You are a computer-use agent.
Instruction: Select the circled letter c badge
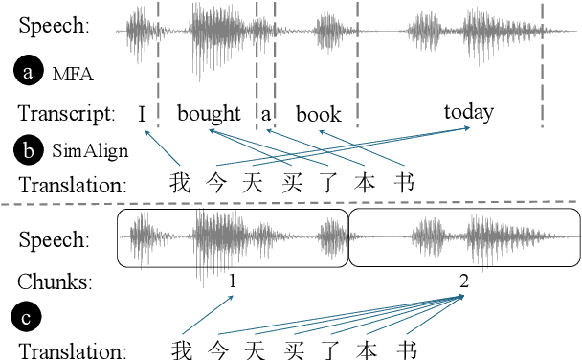click(26, 315)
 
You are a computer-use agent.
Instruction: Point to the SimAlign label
click(76, 148)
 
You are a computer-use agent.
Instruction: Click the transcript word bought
click(209, 114)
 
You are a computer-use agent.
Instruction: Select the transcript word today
click(469, 112)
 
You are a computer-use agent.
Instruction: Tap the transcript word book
click(318, 115)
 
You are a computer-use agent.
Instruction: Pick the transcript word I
click(142, 115)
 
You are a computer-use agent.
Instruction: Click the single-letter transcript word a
click(266, 115)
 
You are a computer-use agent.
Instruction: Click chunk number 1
click(233, 281)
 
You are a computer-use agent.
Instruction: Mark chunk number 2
click(463, 281)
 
